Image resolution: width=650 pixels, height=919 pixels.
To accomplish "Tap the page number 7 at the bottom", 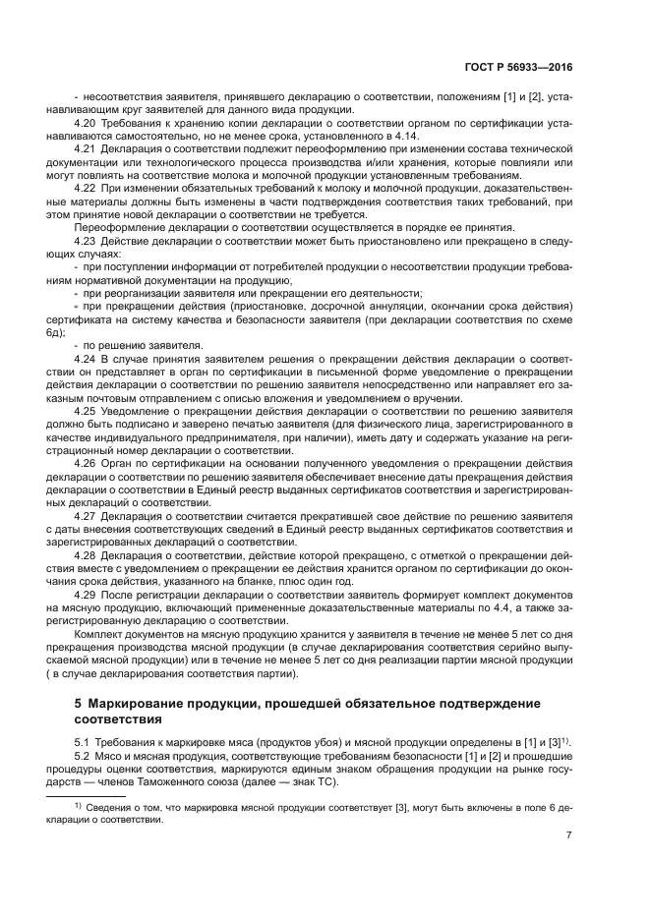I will [x=569, y=835].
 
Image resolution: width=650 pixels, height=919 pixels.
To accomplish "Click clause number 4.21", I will [x=86, y=148].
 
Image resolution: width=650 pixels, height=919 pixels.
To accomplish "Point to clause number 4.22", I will [x=86, y=187].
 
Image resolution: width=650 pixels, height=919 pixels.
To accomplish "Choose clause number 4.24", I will [x=86, y=358].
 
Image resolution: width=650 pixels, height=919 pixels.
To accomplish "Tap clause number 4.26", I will [x=86, y=462].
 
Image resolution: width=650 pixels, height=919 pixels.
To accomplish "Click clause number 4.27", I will [x=86, y=514].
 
